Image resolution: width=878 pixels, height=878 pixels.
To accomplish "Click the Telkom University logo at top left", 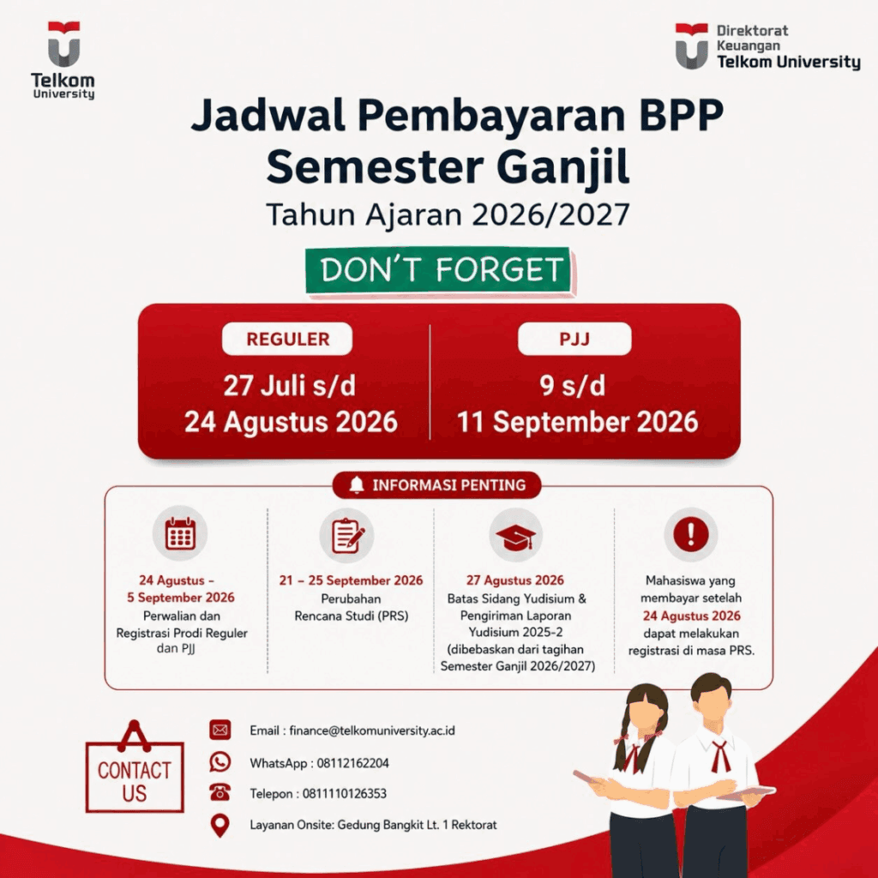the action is coord(63,61).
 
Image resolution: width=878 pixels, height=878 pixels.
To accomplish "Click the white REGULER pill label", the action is coord(287,339).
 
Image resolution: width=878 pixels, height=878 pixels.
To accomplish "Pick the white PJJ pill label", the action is coord(574,339).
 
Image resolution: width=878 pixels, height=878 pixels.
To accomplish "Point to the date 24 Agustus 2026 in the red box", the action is coord(291,422).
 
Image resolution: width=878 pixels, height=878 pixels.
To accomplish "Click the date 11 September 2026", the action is coord(577,422).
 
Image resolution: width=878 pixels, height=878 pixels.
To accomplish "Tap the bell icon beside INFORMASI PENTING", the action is coord(356,485).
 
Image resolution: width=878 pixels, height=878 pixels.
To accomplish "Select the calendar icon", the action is coord(180,533).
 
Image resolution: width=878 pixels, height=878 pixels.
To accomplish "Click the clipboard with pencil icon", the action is coord(347,535).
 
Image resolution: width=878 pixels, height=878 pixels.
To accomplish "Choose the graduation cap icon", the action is coord(515,538).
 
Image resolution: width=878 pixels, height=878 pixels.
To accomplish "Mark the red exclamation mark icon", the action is coord(691,534).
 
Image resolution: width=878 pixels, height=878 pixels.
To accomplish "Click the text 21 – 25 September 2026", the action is coord(351,580).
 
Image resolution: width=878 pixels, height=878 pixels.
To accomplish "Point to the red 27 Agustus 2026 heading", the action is coord(515,580).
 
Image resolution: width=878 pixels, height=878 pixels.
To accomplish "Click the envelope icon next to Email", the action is coord(220,730).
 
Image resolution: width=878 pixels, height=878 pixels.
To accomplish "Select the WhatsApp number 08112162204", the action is coord(352,763).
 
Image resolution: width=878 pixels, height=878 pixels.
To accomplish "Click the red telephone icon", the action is coord(220,792).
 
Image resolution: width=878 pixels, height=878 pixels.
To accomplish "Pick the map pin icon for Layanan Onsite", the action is coord(220,826).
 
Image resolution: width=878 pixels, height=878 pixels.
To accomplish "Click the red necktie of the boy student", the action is coord(719,756).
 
